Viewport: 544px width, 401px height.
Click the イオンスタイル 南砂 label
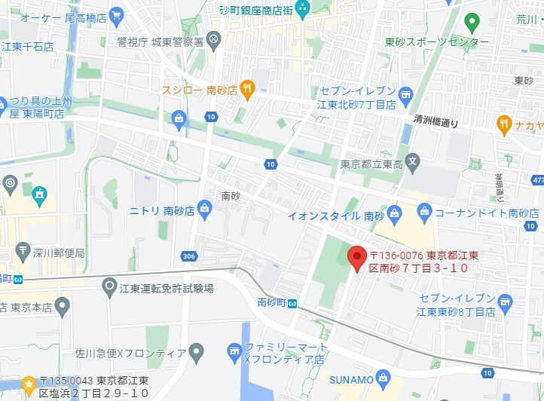tap(331, 216)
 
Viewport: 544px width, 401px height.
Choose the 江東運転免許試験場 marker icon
tap(110, 286)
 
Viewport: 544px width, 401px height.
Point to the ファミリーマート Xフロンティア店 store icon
tap(235, 350)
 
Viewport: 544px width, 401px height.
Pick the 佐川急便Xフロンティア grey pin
tap(196, 351)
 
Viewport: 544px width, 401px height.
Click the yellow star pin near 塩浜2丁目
tap(29, 385)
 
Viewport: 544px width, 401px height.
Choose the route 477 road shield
tap(536, 180)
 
